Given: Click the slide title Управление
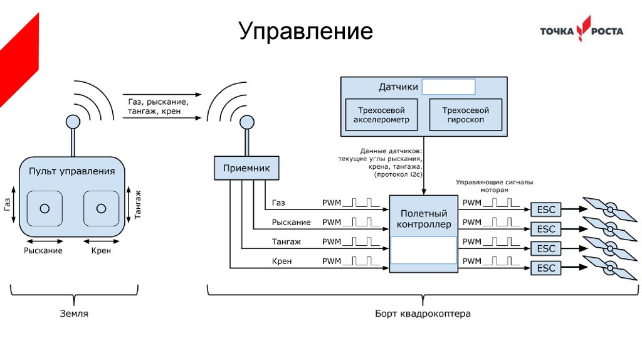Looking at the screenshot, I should [x=305, y=31].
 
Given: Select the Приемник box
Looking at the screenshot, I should [x=246, y=168].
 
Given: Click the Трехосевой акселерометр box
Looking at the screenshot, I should [x=381, y=114].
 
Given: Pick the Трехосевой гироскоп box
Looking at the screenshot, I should [x=466, y=114].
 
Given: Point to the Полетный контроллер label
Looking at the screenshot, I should [x=423, y=219].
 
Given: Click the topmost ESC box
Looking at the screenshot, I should [x=546, y=209].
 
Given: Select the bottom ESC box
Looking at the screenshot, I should [x=546, y=268].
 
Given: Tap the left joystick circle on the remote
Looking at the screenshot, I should [x=45, y=209].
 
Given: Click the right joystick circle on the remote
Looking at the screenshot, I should [x=101, y=209].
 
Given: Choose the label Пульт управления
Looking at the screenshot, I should [x=72, y=171].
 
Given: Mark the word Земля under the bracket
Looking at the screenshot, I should [x=73, y=313].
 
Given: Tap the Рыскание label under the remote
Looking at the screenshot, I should [x=43, y=250].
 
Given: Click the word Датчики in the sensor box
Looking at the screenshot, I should [x=398, y=87].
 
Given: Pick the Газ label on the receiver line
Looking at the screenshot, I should [x=278, y=203].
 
